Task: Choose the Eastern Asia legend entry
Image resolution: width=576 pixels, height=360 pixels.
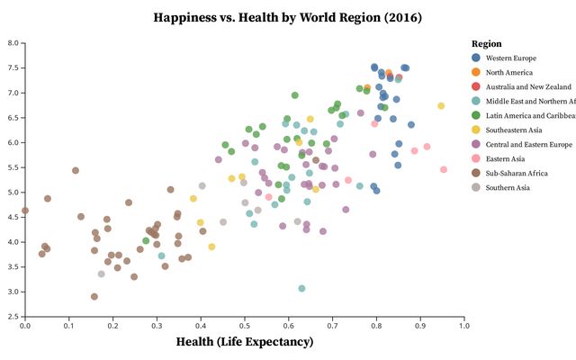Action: (x=509, y=158)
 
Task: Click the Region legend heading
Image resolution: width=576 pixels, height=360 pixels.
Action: (x=486, y=43)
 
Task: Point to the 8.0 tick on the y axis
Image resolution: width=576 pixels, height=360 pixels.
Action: (x=13, y=43)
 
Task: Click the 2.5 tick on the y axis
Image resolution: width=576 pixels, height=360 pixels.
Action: (x=13, y=317)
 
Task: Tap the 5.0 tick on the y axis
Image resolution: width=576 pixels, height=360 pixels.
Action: (x=13, y=193)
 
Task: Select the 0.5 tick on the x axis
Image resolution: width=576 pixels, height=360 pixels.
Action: (x=245, y=325)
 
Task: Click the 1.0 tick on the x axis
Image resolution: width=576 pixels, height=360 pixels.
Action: (x=463, y=325)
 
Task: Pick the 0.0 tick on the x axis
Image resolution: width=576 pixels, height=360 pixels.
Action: (x=25, y=325)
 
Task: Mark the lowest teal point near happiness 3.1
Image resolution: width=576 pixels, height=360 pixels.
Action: (x=302, y=288)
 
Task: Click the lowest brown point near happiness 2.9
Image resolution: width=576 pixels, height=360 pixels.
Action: (x=94, y=296)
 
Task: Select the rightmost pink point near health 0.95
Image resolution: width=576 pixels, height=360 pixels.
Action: (x=444, y=169)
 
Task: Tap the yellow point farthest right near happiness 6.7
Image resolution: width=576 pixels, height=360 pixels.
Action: (x=441, y=106)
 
